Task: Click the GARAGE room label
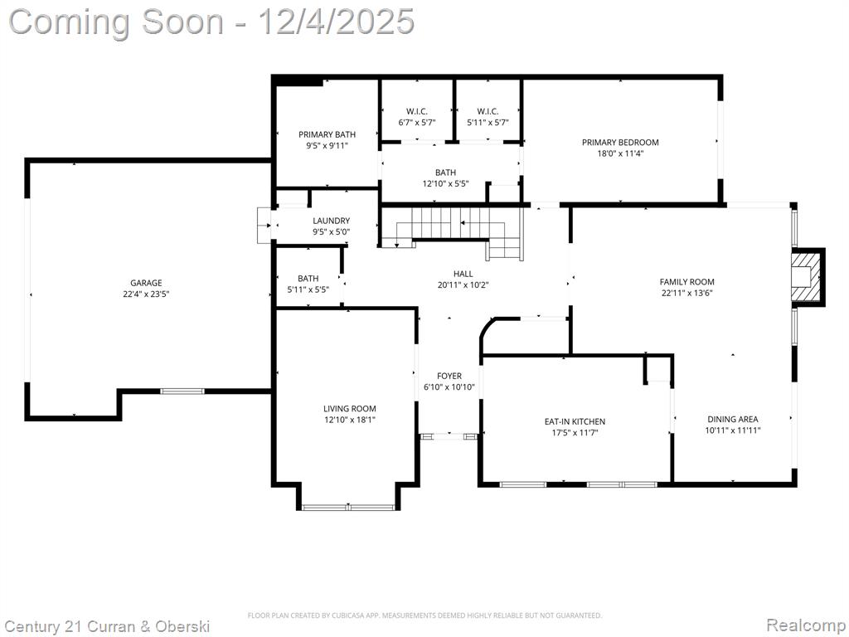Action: pos(146,283)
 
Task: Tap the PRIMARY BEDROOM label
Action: pos(620,143)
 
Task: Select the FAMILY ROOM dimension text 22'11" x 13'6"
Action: pos(686,293)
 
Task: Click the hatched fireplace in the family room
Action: pos(807,277)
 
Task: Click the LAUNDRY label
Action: pos(331,221)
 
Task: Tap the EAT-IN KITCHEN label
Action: pos(575,421)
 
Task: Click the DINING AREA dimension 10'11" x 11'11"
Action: pos(733,430)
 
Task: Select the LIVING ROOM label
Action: pos(349,409)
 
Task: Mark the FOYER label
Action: pos(449,376)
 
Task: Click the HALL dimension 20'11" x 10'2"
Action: pos(463,285)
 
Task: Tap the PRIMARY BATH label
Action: pos(327,134)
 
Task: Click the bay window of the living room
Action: pos(348,508)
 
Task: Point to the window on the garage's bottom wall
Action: pos(182,391)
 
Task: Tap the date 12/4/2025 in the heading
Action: pos(337,22)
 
